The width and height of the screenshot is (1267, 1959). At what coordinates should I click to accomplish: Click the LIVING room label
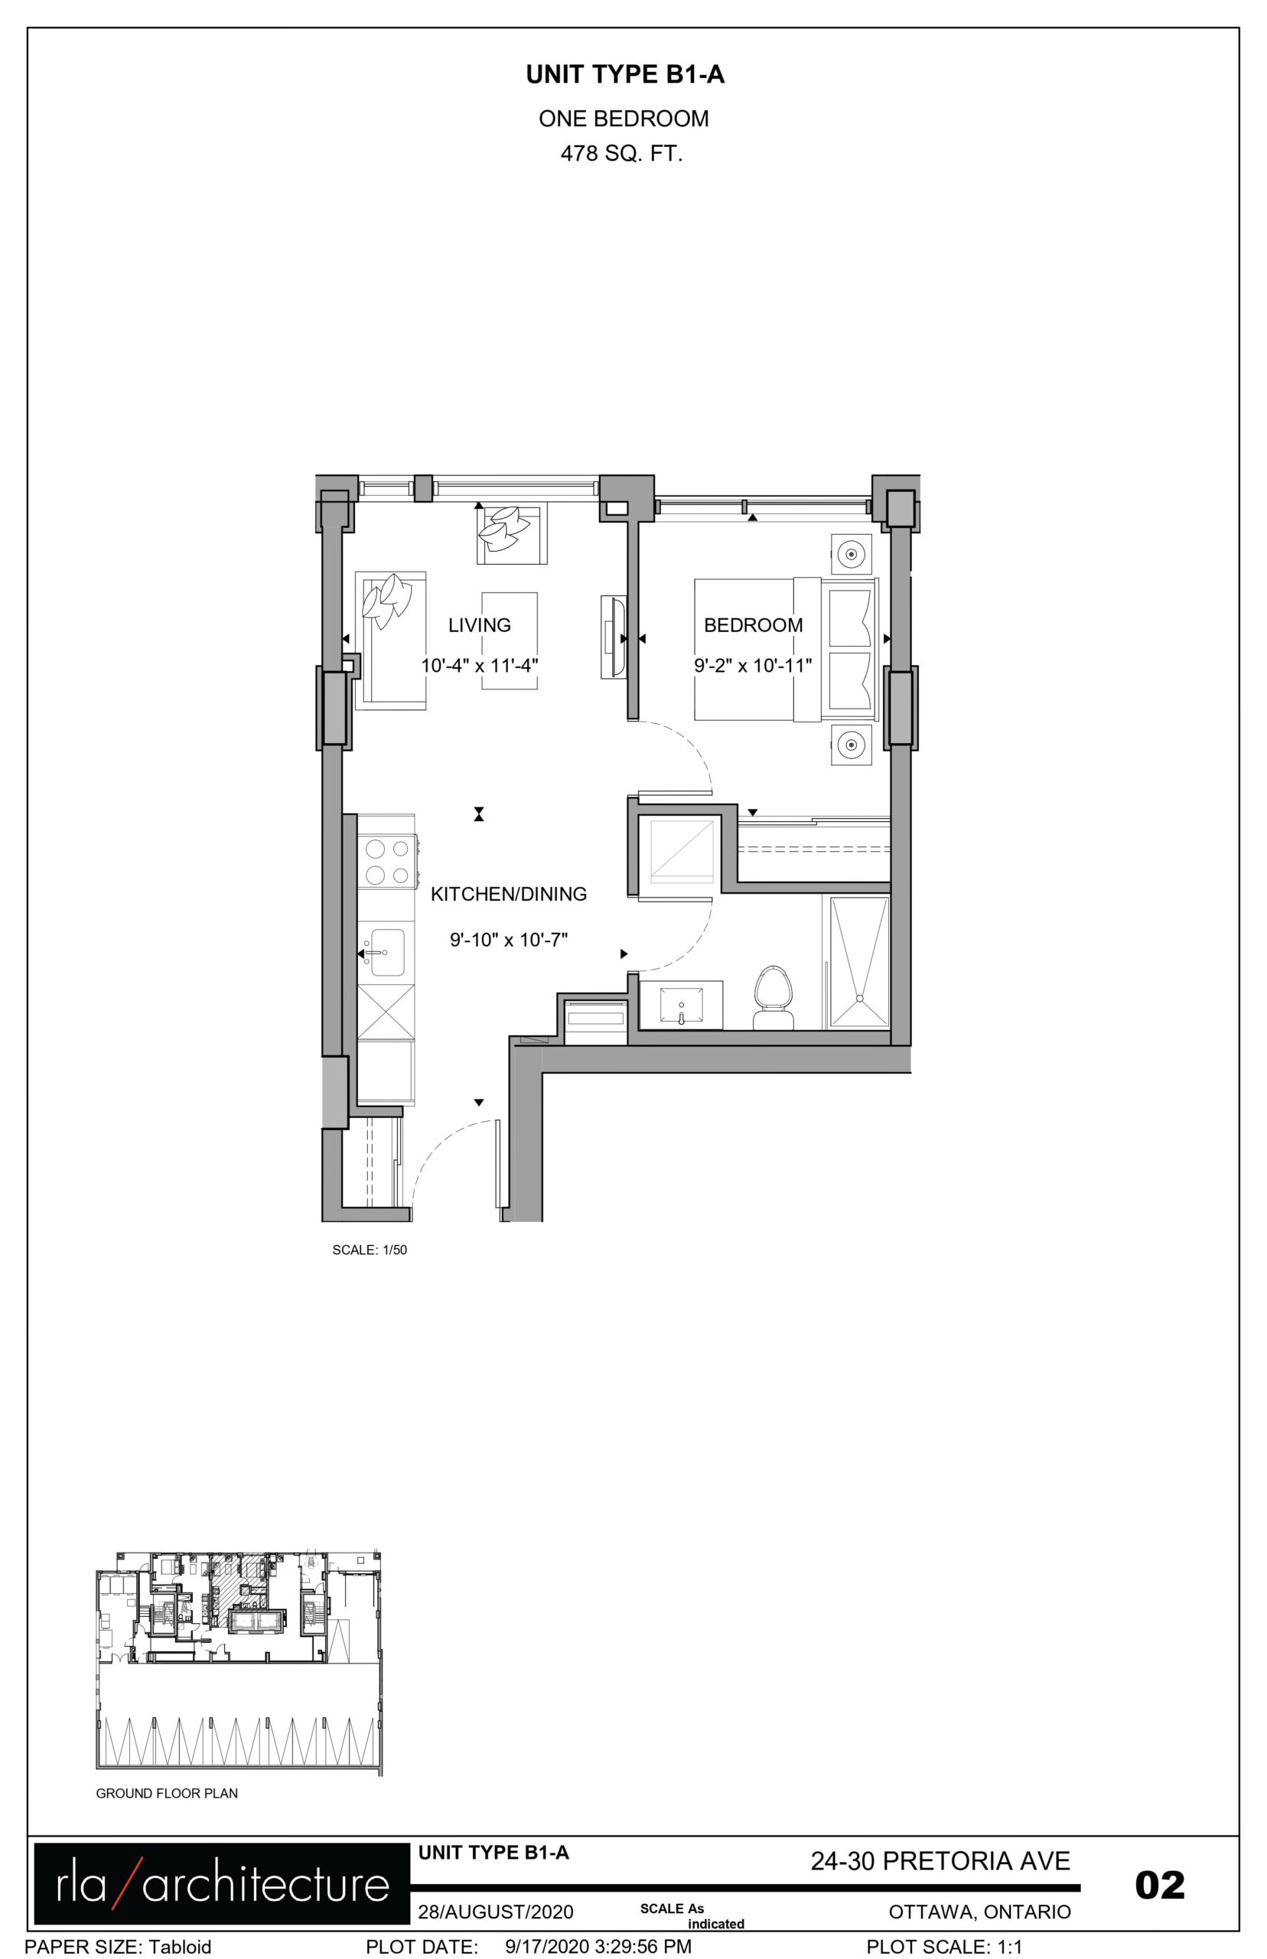pos(479,625)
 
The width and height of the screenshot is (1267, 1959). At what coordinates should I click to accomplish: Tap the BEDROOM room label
pos(753,625)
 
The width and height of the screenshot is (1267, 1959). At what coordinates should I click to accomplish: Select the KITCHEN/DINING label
pos(509,895)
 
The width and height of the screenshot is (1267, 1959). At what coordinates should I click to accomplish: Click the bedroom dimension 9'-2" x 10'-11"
pos(753,666)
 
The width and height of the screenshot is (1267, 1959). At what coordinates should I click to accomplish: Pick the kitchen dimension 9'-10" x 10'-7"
pos(509,940)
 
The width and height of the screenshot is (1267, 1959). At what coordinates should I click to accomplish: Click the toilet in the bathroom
pos(774,998)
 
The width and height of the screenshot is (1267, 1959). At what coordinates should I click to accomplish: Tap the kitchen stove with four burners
pos(386,862)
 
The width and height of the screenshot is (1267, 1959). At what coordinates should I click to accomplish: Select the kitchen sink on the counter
pos(386,953)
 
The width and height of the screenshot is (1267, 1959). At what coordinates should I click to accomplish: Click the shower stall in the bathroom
pos(859,962)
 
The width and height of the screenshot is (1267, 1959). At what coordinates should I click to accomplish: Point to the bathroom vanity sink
pos(681,1005)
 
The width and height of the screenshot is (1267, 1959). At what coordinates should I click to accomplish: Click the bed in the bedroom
pos(786,650)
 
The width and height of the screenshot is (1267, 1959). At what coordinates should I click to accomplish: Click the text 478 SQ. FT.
pos(622,154)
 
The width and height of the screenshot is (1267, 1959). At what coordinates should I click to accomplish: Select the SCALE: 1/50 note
pos(370,1250)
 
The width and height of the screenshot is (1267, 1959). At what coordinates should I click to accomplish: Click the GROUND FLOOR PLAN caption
pos(167,1794)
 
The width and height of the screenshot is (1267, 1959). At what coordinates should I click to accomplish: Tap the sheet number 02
pos(1160,1885)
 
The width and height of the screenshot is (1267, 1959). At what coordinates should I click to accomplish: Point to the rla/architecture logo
pos(221,1884)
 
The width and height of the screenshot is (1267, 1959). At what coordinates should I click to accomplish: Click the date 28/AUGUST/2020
pos(495,1912)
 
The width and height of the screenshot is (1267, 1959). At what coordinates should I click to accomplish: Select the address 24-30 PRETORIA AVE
pos(940,1861)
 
